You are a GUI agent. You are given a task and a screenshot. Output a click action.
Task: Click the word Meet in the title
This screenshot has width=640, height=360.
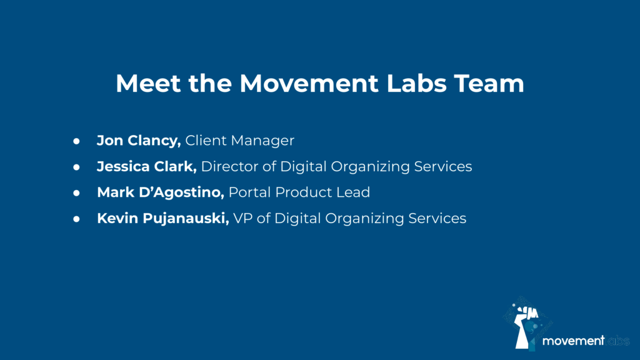point(148,83)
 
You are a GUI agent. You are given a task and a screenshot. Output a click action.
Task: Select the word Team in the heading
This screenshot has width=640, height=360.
point(489,83)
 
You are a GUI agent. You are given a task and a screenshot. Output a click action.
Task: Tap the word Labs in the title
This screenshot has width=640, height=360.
point(416,83)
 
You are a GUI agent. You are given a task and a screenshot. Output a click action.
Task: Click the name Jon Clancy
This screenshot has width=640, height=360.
point(139,141)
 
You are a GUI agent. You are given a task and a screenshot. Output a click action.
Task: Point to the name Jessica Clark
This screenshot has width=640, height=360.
point(147,166)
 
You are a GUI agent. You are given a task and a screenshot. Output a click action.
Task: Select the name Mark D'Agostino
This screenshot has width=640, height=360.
point(161,192)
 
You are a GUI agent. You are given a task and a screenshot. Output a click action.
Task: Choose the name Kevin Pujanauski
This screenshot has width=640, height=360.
point(163,218)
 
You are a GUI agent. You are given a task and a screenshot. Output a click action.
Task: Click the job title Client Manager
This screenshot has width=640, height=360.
point(239,141)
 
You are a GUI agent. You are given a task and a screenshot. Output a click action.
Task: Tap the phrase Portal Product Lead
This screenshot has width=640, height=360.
point(299,192)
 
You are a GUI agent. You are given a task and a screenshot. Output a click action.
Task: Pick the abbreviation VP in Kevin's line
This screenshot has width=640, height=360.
point(242,218)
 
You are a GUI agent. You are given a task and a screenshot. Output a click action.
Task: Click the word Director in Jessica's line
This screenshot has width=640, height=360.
point(230,166)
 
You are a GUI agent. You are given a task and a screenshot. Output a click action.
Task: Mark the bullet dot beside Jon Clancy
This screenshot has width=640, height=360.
point(76,141)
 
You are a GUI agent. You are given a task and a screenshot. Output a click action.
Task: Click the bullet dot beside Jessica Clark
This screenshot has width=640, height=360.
point(76,167)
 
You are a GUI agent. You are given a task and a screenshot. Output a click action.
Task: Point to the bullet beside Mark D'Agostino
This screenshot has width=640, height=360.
point(76,193)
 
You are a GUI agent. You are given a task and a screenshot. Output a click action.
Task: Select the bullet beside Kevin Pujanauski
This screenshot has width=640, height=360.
point(76,219)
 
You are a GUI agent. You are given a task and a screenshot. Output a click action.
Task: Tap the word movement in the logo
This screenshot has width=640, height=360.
point(573,341)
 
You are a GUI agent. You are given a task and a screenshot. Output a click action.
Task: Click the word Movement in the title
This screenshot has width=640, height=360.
point(309,83)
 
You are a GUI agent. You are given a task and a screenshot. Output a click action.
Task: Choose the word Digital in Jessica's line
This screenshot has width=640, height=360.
point(303,167)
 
